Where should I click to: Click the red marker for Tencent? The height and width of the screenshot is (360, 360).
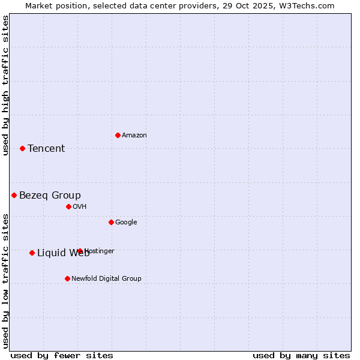(22, 148)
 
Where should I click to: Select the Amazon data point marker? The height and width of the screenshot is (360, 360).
(118, 135)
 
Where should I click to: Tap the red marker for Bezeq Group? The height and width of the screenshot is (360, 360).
(14, 195)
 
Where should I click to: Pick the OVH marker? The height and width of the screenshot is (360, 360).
(68, 206)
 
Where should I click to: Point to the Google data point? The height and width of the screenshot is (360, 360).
(111, 222)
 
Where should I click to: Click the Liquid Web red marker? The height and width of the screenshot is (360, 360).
(32, 253)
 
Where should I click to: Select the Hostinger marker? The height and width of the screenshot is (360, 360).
(80, 251)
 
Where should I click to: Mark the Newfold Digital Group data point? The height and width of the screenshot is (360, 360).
(67, 278)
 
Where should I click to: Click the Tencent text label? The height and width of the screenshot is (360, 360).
(46, 149)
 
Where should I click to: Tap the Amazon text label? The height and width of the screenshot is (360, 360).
(134, 136)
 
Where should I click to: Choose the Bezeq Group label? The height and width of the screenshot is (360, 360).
(50, 196)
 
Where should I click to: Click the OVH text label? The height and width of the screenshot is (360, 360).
(80, 207)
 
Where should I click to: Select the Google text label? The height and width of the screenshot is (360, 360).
(126, 223)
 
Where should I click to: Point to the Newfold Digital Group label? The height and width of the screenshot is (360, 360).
(106, 279)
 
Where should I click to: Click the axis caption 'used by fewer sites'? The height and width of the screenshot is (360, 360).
(62, 355)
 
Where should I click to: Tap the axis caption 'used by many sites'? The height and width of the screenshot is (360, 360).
(301, 355)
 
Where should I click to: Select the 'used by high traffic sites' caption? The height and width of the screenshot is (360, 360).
(5, 85)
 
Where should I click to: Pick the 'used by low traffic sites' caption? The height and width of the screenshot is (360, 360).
(5, 281)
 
